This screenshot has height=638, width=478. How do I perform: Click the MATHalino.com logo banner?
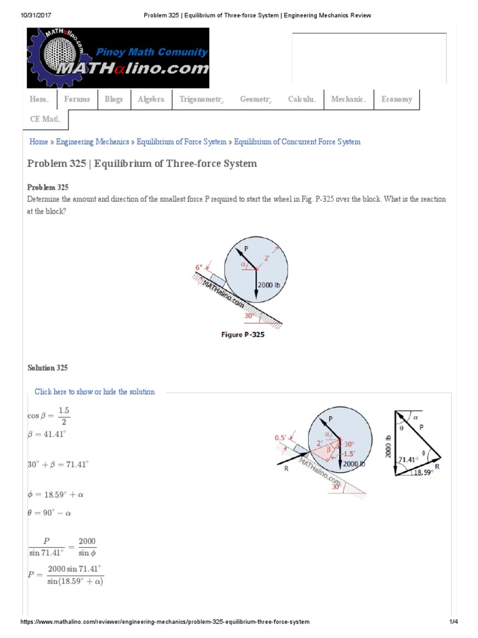pos(118,59)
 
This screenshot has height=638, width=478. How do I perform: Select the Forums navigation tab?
pos(77,100)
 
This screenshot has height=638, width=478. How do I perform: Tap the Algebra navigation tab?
pos(151,100)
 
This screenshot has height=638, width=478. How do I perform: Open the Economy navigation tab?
pos(397,100)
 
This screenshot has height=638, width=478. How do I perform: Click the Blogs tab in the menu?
pos(114,100)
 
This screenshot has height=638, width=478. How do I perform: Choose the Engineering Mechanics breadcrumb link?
pos(93,142)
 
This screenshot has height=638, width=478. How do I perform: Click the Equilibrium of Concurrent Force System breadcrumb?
pos(297,142)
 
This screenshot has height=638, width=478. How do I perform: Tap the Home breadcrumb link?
pos(39,142)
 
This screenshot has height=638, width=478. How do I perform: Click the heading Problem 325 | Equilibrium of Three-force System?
pos(142,164)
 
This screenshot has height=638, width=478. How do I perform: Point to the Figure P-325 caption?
pos(243,335)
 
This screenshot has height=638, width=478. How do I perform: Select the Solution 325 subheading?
pos(48,368)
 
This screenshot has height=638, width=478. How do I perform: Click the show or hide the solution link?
pos(95,392)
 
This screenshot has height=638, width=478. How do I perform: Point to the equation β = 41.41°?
pos(47,434)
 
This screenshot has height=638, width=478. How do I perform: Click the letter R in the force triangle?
pos(438,465)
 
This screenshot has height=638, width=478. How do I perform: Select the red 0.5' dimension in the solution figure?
pos(281,437)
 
